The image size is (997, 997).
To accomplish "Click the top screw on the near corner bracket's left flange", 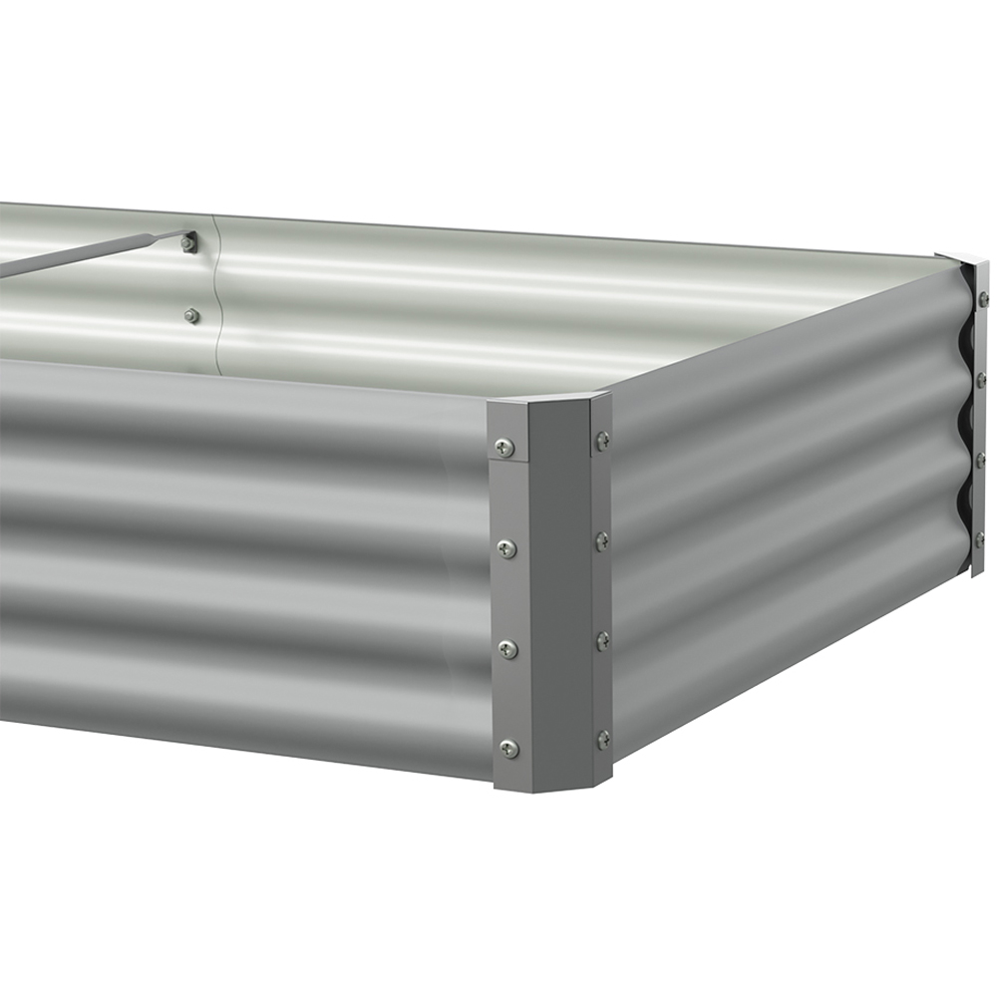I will pos(505,449).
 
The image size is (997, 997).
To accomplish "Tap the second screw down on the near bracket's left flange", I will pos(507,547).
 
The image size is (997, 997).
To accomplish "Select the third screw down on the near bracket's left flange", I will pos(508,649).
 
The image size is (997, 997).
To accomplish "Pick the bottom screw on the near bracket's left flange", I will pos(509,748).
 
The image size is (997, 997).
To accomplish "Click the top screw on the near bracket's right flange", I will pos(602,439).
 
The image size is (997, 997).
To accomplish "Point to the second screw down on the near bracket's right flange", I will pos(602,541).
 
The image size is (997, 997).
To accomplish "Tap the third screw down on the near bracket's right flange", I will pos(603,639).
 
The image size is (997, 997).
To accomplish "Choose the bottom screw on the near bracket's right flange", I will pos(603,739).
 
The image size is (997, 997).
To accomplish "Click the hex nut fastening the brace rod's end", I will pos(187,242).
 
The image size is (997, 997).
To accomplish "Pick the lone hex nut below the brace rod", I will pos(191,316).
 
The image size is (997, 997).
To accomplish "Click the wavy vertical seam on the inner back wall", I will pos(216,299).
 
